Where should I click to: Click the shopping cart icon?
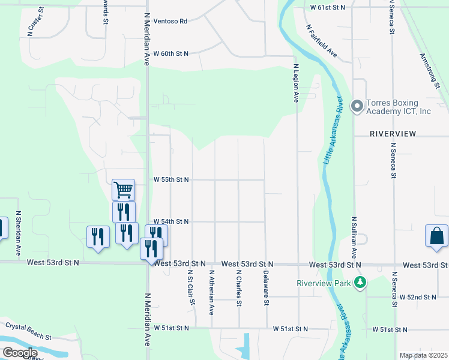(x=123, y=190)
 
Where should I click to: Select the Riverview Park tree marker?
(x=360, y=282)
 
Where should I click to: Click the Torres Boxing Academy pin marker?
(x=357, y=107)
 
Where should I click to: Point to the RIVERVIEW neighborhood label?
(x=393, y=133)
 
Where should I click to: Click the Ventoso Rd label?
(x=170, y=21)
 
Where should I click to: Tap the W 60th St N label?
(x=171, y=53)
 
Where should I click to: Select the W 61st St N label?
(x=328, y=7)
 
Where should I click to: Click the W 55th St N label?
(x=171, y=179)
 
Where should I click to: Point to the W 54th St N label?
(x=171, y=221)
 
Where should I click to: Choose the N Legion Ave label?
(x=296, y=84)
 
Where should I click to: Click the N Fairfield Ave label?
(x=322, y=43)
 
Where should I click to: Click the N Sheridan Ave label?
(x=19, y=226)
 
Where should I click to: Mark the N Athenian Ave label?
(x=211, y=292)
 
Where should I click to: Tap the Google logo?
(x=20, y=353)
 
